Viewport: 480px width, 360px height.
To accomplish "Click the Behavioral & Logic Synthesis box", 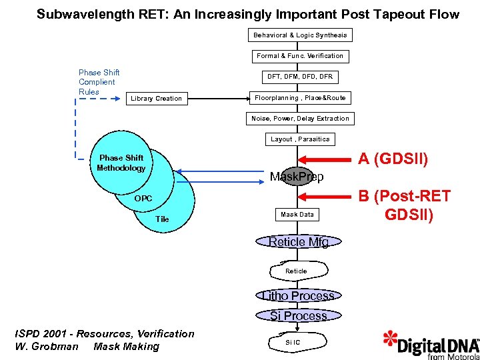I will click(300, 35).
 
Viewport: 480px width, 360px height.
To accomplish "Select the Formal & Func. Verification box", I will click(300, 56).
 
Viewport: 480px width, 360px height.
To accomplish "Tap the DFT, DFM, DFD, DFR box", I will click(300, 77).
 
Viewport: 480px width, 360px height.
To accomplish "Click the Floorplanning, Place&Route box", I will click(300, 98).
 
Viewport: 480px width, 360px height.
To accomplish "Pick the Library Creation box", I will click(156, 99).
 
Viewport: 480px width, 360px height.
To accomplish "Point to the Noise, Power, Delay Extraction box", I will click(300, 119).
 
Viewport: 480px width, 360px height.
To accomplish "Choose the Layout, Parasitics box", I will click(300, 139).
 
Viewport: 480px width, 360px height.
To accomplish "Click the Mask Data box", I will click(297, 215).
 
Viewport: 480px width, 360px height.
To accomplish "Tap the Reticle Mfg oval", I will click(299, 242).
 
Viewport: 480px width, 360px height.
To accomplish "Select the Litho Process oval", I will click(298, 295).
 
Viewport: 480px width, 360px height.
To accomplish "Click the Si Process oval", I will click(298, 315).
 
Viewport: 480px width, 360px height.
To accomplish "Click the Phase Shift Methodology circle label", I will click(121, 163).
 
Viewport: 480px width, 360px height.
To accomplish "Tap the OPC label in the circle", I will click(143, 199).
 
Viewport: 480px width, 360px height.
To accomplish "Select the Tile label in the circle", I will click(162, 219).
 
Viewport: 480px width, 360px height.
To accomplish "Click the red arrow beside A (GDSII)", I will click(327, 159).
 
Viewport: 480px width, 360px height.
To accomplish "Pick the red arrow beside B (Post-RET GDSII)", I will click(327, 196).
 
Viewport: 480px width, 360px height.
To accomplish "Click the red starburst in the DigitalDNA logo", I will click(391, 340).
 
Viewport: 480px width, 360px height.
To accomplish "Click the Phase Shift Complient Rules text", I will click(99, 82).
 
